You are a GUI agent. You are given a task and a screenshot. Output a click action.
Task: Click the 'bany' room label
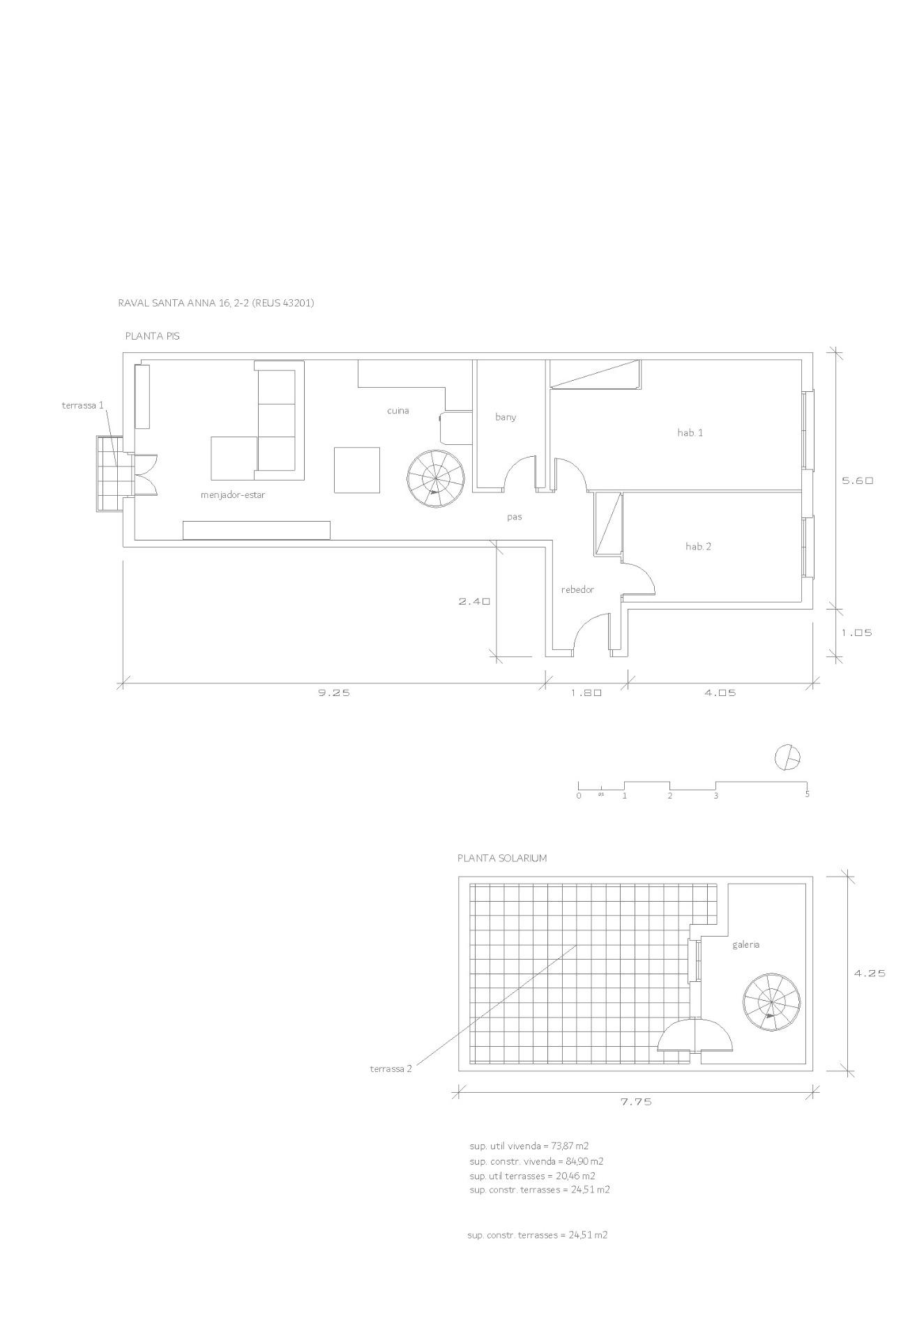click(x=506, y=417)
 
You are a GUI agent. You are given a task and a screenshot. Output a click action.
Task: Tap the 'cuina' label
click(x=398, y=411)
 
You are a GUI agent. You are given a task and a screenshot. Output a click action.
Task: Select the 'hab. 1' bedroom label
click(x=690, y=432)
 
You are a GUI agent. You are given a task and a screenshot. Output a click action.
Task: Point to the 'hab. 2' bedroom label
click(x=699, y=546)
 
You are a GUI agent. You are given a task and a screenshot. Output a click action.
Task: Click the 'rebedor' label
click(x=578, y=590)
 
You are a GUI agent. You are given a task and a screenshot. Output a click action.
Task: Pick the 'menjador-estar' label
click(x=233, y=495)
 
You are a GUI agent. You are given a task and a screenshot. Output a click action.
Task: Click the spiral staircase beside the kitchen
click(x=437, y=478)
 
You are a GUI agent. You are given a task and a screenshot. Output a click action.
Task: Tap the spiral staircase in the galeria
click(x=771, y=1001)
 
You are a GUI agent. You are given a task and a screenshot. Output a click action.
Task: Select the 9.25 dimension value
click(x=334, y=693)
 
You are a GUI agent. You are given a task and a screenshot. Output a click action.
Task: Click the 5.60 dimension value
click(x=858, y=481)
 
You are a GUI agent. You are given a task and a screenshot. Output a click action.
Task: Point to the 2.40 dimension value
click(x=475, y=601)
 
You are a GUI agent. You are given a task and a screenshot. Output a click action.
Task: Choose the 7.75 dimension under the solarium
click(x=636, y=1103)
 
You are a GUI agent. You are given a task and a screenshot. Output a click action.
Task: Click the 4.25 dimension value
click(x=870, y=974)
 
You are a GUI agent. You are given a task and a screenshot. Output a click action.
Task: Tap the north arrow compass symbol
click(x=788, y=757)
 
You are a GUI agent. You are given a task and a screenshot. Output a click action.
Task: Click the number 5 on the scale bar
click(x=808, y=794)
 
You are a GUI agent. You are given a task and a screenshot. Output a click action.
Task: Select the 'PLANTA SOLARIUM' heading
click(x=502, y=858)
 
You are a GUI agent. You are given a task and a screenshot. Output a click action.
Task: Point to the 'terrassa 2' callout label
click(x=391, y=1068)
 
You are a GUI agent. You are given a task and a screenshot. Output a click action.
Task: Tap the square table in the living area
click(x=357, y=470)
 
